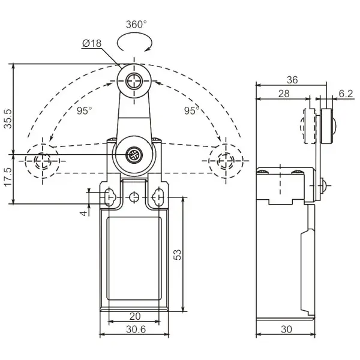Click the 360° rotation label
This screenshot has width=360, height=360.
[136, 25]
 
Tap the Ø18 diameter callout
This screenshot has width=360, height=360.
[92, 43]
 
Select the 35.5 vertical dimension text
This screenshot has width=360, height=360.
[8, 118]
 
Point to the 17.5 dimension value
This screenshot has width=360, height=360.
[8, 177]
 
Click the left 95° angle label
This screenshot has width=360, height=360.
[84, 110]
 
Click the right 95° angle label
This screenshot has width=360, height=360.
[191, 110]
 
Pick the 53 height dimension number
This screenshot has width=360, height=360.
[178, 254]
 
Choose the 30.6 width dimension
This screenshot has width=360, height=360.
[136, 329]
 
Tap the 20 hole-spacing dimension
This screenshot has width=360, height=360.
[135, 316]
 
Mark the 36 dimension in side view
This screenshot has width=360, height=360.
[292, 80]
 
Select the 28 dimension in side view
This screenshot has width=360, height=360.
[284, 94]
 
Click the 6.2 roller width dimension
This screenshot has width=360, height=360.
[346, 94]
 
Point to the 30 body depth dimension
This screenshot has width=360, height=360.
[286, 329]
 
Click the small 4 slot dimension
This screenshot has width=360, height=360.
[84, 213]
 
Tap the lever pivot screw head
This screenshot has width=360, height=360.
[134, 155]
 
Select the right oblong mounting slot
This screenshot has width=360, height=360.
[158, 197]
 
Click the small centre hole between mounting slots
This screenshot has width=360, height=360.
[134, 197]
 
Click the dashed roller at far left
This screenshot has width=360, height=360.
[43, 161]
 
